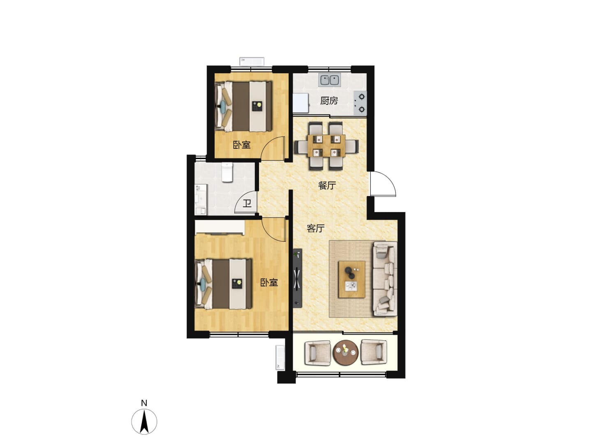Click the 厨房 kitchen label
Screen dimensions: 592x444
[x=329, y=101]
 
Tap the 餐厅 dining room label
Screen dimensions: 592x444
[x=326, y=185]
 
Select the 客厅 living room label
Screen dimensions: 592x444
[x=315, y=228]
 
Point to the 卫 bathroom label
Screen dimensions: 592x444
[x=247, y=203]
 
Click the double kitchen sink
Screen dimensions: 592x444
[x=329, y=80]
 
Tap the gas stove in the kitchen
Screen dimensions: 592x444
[x=360, y=103]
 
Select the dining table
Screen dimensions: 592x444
[x=326, y=146]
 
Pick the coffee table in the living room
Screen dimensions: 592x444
[x=351, y=280]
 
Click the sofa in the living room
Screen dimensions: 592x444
[x=385, y=278]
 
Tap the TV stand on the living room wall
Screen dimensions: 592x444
[x=298, y=278]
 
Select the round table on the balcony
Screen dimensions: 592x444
[x=345, y=353]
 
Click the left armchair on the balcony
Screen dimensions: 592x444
[x=317, y=353]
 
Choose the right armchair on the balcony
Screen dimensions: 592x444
[x=374, y=353]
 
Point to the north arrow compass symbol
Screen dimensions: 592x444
[x=144, y=422]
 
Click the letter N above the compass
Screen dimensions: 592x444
[x=144, y=403]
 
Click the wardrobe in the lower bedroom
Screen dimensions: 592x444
[x=220, y=227]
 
